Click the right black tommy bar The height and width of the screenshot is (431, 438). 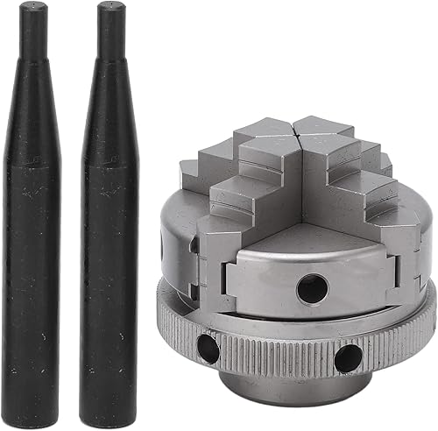pos(108,263)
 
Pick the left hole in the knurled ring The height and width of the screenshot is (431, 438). pos(207,349)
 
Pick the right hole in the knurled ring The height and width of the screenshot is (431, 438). pos(348,357)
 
